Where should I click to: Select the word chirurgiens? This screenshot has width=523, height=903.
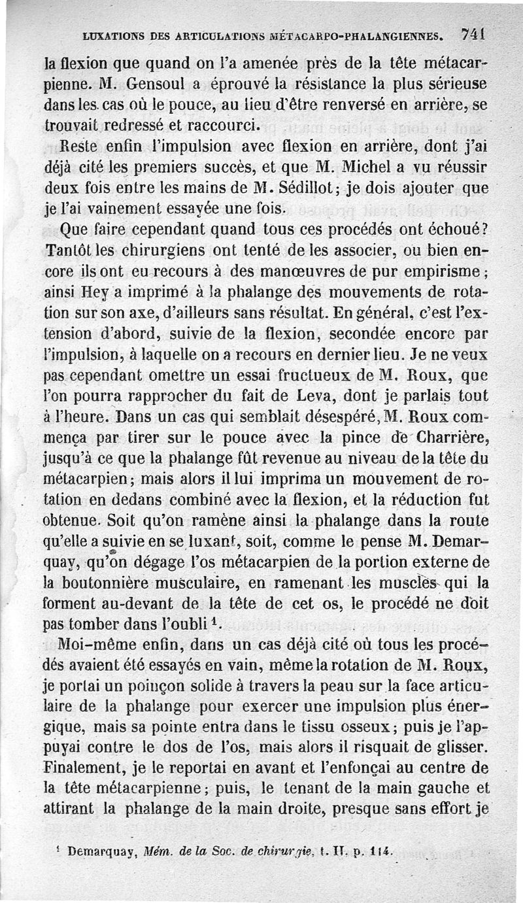click(157, 252)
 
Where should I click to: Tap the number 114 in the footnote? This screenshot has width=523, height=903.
click(380, 851)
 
